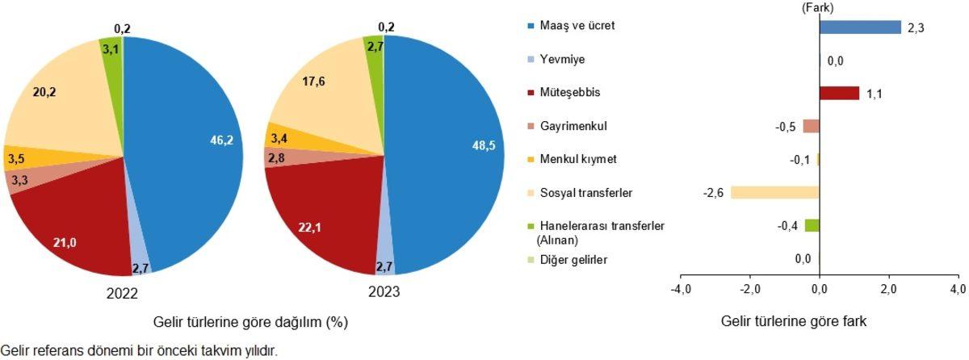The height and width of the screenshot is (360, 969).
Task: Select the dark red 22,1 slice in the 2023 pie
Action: tap(323, 218)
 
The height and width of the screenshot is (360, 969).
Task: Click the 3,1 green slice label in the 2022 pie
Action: tap(111, 50)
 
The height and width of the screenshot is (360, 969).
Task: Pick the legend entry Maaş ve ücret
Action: tap(573, 26)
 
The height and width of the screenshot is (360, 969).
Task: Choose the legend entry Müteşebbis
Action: tap(572, 93)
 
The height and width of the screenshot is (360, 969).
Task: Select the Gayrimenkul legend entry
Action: tap(574, 127)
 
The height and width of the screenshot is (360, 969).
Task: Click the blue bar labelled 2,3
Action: tap(859, 27)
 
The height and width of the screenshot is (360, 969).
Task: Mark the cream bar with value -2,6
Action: tap(774, 193)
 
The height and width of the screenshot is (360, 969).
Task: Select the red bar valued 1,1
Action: tap(839, 93)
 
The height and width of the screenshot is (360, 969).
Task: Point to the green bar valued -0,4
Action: tap(812, 225)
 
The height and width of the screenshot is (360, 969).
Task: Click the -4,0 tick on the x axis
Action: tap(680, 289)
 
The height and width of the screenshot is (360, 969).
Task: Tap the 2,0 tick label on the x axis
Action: tap(888, 289)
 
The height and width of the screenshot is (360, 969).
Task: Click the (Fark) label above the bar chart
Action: tap(817, 7)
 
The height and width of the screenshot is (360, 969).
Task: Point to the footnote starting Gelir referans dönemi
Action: tap(139, 351)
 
